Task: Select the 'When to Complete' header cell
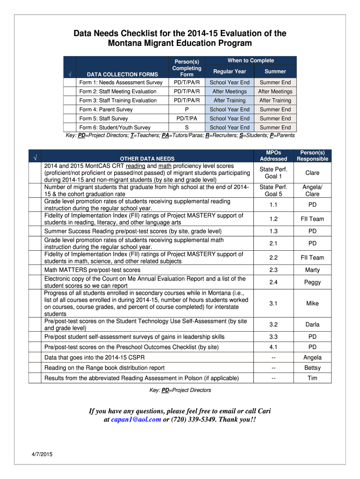[x=251, y=61]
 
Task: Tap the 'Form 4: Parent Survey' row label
[x=106, y=109]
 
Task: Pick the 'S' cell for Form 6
[x=187, y=128]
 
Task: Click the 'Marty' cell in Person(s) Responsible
[x=312, y=270]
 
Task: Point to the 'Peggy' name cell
[x=312, y=282]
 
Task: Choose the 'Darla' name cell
[x=312, y=324]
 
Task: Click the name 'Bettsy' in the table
[x=312, y=368]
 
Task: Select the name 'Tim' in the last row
[x=312, y=378]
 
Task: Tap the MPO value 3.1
[x=274, y=303]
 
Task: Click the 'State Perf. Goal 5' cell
[x=274, y=190]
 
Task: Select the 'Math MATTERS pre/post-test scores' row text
[x=92, y=270]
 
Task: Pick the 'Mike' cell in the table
[x=312, y=303]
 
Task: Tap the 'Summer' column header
[x=275, y=72]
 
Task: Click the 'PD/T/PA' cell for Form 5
[x=187, y=118]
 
